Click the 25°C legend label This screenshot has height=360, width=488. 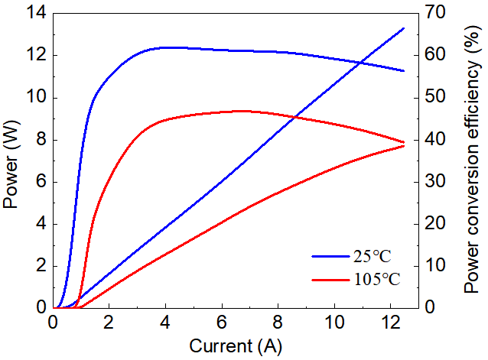point(373,257)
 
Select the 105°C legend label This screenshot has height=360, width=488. point(377,279)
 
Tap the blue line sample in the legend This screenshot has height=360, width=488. point(330,257)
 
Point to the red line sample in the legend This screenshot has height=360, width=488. point(330,280)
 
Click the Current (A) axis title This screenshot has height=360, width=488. point(236,346)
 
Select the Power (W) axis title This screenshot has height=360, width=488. point(11,164)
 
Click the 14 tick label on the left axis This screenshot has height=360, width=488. point(36,13)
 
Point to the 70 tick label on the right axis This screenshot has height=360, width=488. point(435,13)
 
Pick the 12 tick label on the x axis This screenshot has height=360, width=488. point(391,323)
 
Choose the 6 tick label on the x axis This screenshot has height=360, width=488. point(222,323)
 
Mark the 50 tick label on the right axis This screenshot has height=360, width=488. point(435,97)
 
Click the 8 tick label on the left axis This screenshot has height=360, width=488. point(41,140)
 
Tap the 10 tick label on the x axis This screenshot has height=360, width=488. point(334,323)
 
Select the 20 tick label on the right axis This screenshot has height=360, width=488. point(435,224)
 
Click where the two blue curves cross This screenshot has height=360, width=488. point(361,63)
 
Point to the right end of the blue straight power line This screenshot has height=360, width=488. point(404,28)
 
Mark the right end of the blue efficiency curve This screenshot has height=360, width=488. point(404,71)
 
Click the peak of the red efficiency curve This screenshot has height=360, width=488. point(241,111)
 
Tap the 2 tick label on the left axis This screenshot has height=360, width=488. point(41,266)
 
